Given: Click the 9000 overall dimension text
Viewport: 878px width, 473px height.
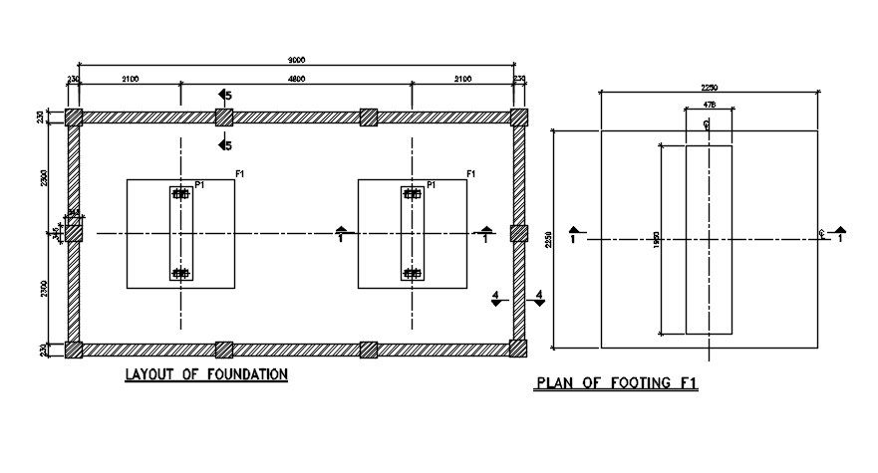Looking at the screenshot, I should point(297,60).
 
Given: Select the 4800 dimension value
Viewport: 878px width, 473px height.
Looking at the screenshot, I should point(296,78).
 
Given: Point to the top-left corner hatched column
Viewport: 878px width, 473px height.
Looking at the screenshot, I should point(74,117).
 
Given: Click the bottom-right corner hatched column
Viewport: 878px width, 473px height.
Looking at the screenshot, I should point(518,349).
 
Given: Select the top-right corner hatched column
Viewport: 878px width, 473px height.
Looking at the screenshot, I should point(518,117).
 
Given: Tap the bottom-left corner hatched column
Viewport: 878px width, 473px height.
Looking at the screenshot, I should point(74,349).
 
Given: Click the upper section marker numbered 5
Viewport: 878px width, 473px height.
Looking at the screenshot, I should point(226,96).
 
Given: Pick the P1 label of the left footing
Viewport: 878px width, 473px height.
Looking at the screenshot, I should point(200,185).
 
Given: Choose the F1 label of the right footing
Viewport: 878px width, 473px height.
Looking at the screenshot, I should point(471,175).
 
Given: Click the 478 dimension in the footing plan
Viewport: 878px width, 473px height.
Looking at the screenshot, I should point(709,104).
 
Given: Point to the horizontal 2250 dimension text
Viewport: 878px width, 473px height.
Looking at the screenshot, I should point(710,88).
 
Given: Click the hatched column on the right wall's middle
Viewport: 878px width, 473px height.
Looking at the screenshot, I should point(518,233).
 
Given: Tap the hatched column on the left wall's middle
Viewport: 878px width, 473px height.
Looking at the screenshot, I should point(74,233).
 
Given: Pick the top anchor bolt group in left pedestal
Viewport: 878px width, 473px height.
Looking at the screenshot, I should point(180,194).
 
